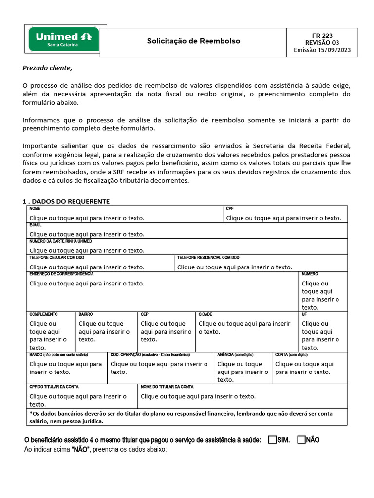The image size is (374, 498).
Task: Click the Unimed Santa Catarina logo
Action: (64, 39)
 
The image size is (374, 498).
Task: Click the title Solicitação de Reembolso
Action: (193, 41)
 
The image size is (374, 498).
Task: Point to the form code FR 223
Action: (322, 36)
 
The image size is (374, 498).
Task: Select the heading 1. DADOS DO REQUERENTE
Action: (66, 201)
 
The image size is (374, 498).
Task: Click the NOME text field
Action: (87, 218)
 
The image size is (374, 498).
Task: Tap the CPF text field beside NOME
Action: (283, 218)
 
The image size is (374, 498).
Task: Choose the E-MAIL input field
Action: (87, 234)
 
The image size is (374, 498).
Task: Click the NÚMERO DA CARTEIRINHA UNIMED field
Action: (87, 250)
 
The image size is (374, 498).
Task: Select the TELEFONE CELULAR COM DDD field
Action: (87, 267)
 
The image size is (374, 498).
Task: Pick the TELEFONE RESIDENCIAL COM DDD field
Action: (235, 267)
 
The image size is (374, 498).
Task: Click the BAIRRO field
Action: (104, 332)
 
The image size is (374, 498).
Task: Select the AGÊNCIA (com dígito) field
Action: (243, 372)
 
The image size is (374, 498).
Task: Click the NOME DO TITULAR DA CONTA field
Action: (198, 396)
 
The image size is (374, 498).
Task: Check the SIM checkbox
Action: (272, 440)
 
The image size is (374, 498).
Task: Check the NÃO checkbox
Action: (301, 440)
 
